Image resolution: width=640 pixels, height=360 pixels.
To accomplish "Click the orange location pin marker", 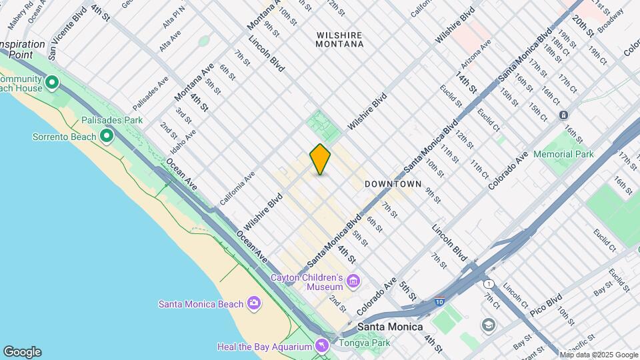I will pyautogui.click(x=320, y=159).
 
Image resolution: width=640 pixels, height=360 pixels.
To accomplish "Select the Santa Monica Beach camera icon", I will pyautogui.click(x=253, y=304).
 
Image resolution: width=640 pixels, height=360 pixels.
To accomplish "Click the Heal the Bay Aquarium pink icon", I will pyautogui.click(x=323, y=346).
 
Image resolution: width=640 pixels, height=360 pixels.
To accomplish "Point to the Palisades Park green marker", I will pyautogui.click(x=107, y=136).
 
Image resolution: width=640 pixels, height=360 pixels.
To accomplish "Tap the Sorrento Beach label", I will pyautogui.click(x=64, y=137).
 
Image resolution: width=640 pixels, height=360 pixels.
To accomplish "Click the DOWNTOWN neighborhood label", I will pyautogui.click(x=393, y=183).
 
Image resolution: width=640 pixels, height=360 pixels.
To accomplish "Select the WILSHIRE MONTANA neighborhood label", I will pyautogui.click(x=340, y=39).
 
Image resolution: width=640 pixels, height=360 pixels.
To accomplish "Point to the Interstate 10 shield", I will pyautogui.click(x=439, y=301).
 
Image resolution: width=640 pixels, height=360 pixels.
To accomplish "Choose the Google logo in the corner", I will pyautogui.click(x=22, y=352).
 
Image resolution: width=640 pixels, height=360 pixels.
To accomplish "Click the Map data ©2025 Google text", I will pyautogui.click(x=598, y=355).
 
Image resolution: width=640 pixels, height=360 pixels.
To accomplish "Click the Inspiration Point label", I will pyautogui.click(x=23, y=49).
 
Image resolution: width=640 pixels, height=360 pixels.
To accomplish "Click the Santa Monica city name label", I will pyautogui.click(x=390, y=327).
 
